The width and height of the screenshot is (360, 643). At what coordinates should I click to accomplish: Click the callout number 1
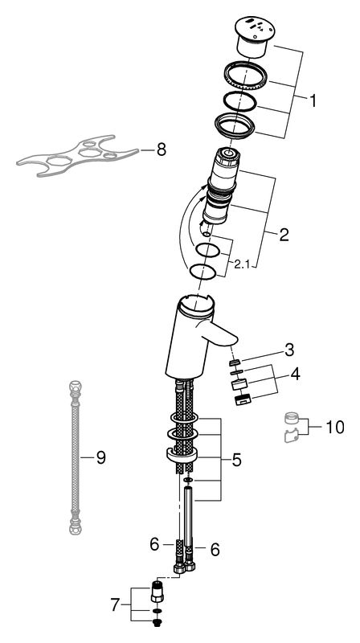click(313, 100)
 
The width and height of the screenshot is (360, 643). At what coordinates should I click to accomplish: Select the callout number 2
click(284, 235)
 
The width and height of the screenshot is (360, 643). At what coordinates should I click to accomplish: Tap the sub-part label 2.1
click(242, 264)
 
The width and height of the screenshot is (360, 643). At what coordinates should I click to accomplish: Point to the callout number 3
click(289, 350)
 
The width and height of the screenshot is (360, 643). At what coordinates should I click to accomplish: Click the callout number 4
click(295, 374)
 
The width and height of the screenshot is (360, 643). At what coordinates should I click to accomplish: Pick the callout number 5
click(236, 460)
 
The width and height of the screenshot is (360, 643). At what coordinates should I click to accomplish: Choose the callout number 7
click(116, 605)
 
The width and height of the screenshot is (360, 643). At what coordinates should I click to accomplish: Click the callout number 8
click(162, 150)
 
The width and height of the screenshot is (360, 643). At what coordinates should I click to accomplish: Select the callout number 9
click(101, 457)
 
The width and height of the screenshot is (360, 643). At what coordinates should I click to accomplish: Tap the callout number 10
click(335, 428)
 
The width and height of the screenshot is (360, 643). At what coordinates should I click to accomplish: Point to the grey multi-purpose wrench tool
click(78, 155)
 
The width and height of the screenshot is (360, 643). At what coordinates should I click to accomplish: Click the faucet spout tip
click(232, 338)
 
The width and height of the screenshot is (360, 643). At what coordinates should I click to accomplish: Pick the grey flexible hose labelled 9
click(76, 458)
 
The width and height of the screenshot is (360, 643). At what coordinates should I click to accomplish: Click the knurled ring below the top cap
click(246, 76)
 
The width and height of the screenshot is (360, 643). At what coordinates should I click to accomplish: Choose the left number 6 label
click(154, 545)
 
